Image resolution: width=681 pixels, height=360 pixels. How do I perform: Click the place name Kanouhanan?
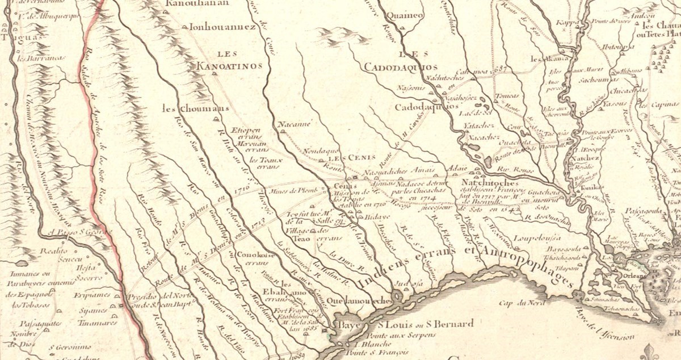coord(197,4)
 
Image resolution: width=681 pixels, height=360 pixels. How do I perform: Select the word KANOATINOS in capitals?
coord(229,66)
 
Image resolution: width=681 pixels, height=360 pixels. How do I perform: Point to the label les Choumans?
coord(187,108)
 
